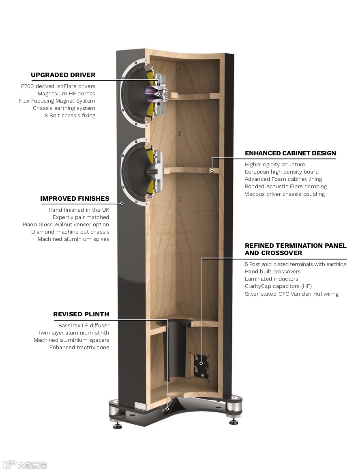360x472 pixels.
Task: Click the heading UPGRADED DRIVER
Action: [63, 75]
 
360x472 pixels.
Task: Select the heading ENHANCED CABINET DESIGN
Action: [290, 153]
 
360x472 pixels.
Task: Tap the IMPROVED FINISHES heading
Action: [75, 199]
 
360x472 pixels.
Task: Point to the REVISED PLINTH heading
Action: [81, 314]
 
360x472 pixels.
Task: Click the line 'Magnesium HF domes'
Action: [66, 94]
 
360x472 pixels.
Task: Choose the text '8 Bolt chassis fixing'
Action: [70, 116]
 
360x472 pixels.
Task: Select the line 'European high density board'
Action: [282, 172]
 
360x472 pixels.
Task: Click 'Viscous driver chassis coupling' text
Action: [285, 194]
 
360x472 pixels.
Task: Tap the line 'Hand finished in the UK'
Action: [79, 210]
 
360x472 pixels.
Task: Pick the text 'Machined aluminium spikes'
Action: [73, 239]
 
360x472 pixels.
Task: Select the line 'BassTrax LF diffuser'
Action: [84, 326]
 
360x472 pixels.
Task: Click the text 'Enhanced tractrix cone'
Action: [79, 348]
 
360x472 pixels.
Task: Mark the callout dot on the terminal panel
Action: [201, 363]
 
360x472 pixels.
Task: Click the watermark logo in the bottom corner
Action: [24, 465]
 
